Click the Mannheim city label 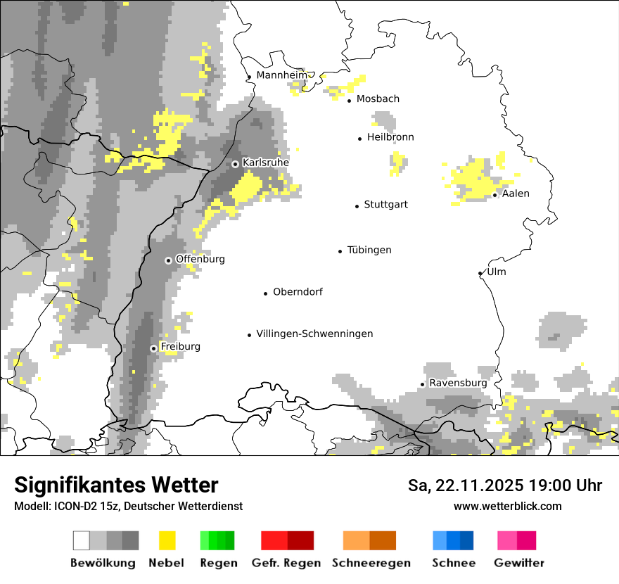[282, 75]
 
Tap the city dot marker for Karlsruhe [236, 164]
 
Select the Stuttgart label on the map [385, 205]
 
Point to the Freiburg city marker [153, 348]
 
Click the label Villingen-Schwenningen [314, 334]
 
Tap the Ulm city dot [480, 274]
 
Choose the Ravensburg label [458, 383]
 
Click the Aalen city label [516, 193]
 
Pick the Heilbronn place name [390, 137]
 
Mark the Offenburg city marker [169, 260]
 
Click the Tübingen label [369, 250]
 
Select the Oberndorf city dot [266, 293]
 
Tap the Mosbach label [378, 99]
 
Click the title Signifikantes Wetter [116, 485]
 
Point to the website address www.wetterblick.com [507, 506]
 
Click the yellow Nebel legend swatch [167, 540]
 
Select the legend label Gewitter [519, 563]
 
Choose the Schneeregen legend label [371, 563]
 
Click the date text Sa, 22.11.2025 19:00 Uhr [505, 485]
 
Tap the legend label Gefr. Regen [286, 563]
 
